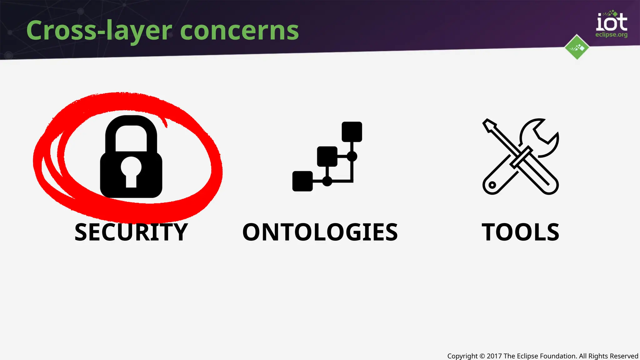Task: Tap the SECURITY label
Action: (131, 232)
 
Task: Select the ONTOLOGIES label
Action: (320, 232)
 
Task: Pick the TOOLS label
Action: (520, 232)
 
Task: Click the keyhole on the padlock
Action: (131, 171)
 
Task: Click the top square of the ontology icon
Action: (352, 132)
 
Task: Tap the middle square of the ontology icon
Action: (327, 156)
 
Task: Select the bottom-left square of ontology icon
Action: (302, 181)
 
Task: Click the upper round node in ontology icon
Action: (352, 156)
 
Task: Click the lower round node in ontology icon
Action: (327, 181)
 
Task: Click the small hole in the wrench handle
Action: (492, 185)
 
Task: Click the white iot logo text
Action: (612, 22)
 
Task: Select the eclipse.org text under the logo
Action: (611, 35)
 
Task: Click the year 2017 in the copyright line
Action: (494, 356)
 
